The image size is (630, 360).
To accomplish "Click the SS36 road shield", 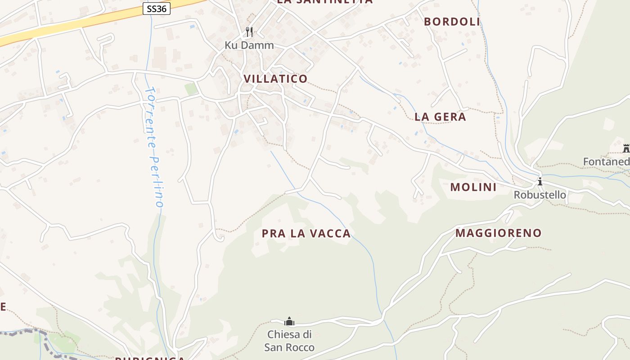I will point(157,9).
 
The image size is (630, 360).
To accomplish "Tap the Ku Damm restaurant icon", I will point(249,32).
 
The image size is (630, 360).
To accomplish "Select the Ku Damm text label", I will point(249,45).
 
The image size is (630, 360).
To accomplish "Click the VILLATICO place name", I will point(275,79).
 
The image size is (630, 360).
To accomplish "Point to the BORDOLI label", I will point(452,22).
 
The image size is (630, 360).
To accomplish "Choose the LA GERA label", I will point(440,117).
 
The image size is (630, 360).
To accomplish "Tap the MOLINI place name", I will point(473,187).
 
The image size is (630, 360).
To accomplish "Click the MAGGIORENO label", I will point(499,233).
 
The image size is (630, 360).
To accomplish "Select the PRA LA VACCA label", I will point(306,233).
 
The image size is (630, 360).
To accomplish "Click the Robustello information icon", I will point(540,182).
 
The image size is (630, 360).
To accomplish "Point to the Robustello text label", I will point(540,195).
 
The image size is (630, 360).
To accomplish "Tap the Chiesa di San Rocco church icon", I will point(289,321).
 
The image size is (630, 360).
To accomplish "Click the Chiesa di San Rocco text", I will point(289,341).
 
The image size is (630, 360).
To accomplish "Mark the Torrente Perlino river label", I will point(153,146).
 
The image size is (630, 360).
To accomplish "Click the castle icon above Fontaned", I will point(626,148).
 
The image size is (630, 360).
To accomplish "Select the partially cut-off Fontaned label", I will point(606,162).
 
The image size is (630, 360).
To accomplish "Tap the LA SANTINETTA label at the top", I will point(324,1).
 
